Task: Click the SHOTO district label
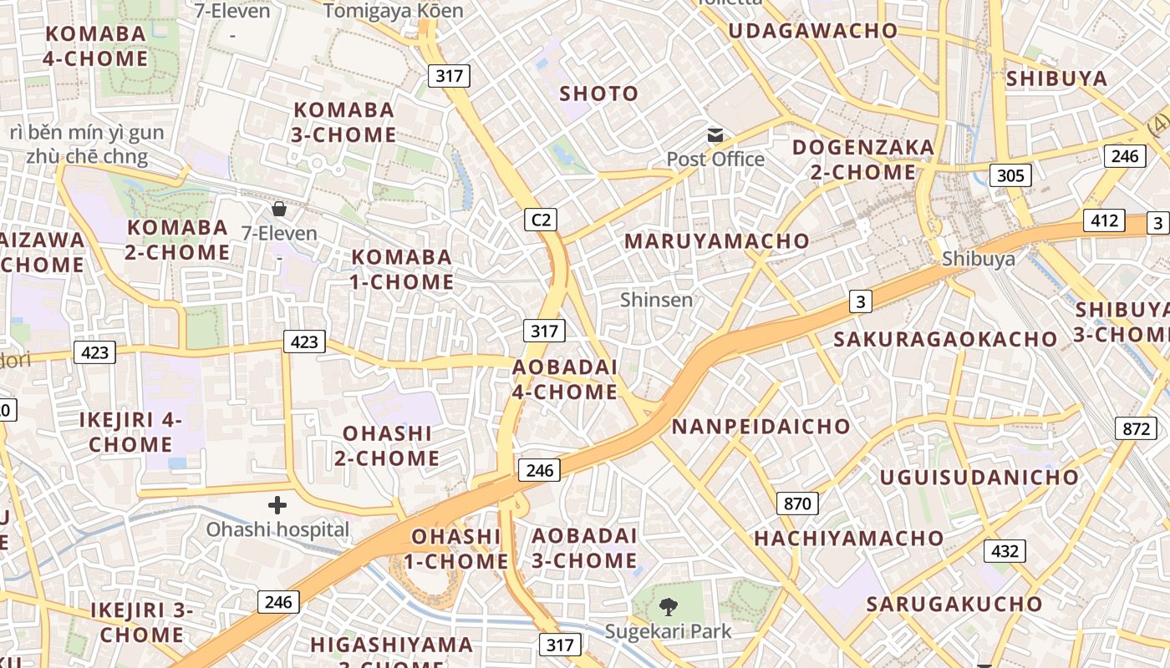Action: click(598, 94)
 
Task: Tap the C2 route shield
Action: click(542, 220)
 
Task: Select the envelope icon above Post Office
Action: click(715, 135)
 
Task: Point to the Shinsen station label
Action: click(656, 299)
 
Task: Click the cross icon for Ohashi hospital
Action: click(277, 504)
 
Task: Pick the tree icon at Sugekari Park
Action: click(668, 607)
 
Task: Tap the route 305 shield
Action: click(1010, 175)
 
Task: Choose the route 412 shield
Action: click(1104, 220)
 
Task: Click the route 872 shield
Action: click(1136, 428)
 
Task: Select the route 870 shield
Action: click(797, 503)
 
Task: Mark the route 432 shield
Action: click(1005, 551)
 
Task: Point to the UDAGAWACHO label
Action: click(812, 32)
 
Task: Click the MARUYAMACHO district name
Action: click(716, 241)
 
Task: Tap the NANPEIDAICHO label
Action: click(760, 427)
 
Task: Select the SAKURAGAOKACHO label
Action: click(944, 339)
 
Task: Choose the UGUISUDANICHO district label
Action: click(979, 478)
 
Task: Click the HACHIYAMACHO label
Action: click(848, 539)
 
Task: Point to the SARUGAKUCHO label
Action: click(954, 604)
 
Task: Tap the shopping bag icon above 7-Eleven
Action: click(278, 208)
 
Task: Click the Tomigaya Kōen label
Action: click(393, 11)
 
